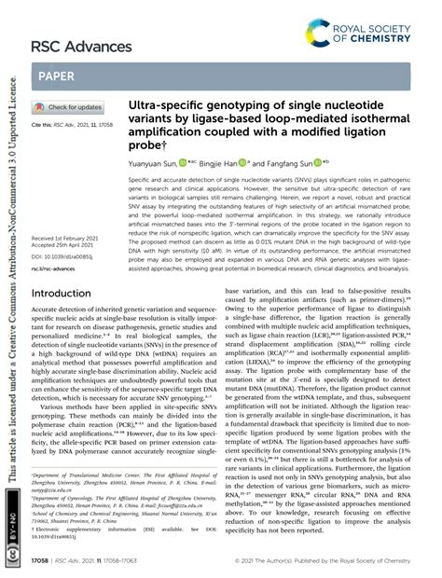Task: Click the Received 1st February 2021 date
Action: (63, 213)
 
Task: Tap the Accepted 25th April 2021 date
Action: (63, 220)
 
